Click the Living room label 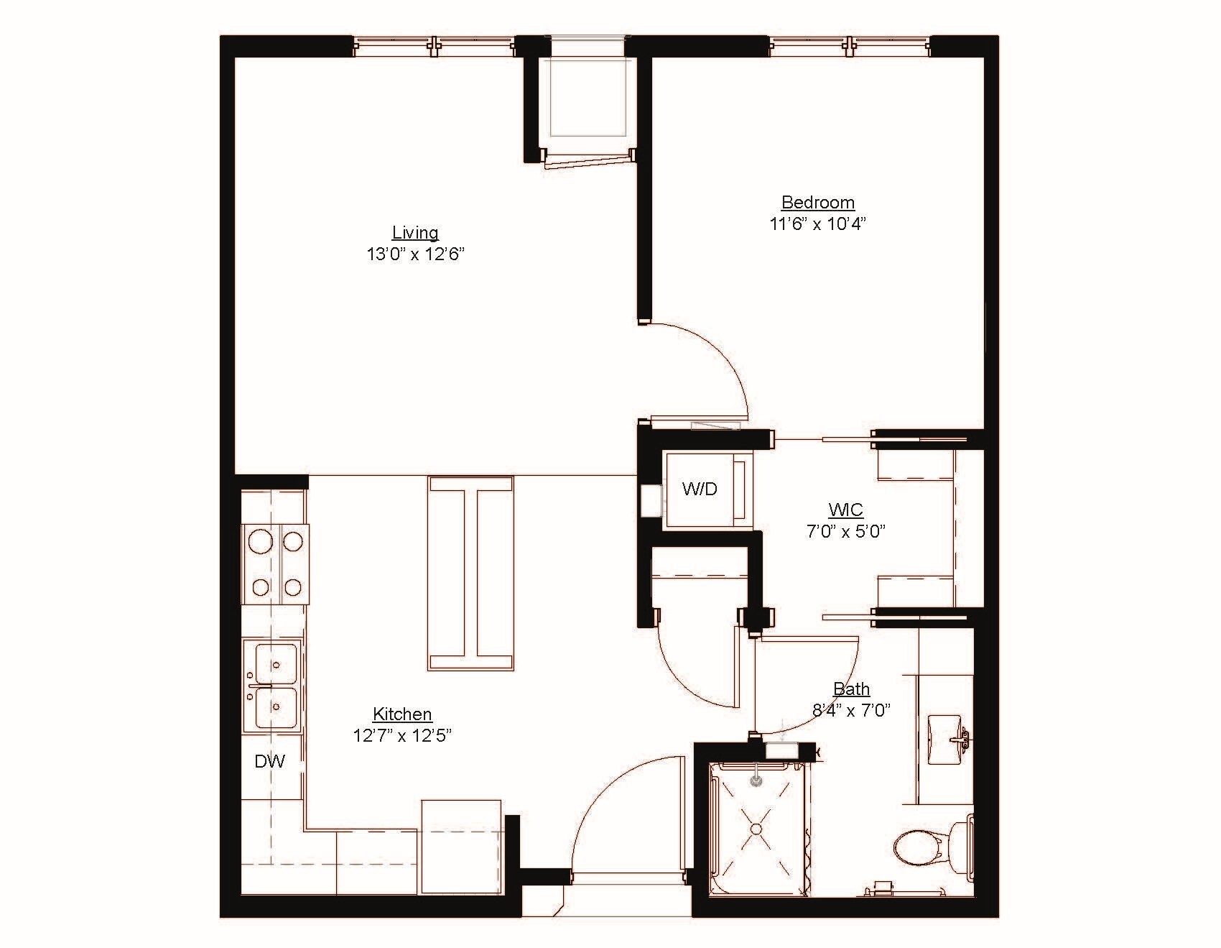[415, 233]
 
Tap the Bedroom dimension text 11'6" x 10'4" [818, 224]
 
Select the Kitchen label [402, 714]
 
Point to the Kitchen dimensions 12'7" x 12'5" [402, 736]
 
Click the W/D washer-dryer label [700, 489]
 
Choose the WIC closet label [845, 510]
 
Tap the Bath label [851, 689]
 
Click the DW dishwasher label [270, 761]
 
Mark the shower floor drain [756, 829]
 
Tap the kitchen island [470, 573]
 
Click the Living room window [434, 46]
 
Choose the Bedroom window [850, 46]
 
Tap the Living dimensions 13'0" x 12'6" [415, 254]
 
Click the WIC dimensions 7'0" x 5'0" [845, 532]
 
